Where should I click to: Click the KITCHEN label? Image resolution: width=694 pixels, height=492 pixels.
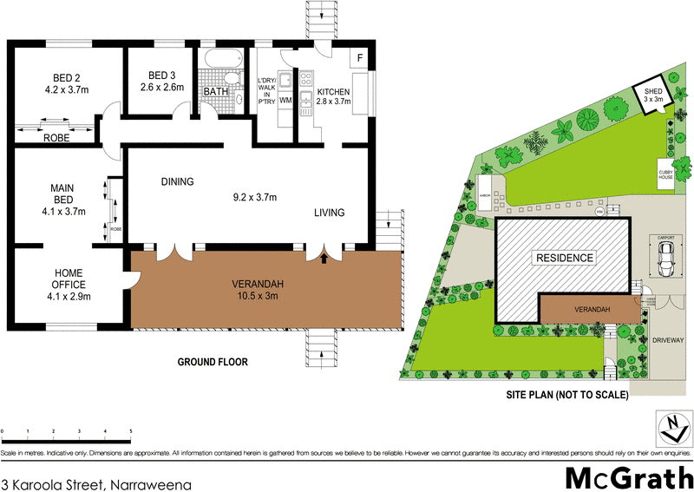[x=333, y=92]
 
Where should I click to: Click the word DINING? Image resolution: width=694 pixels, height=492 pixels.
[x=177, y=182]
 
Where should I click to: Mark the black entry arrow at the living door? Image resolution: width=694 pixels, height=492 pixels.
[x=325, y=256]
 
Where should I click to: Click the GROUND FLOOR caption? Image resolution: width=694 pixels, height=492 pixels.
[x=213, y=362]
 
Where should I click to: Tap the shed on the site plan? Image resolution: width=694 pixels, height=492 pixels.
[x=651, y=95]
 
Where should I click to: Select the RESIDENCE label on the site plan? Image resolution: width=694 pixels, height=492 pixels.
[x=564, y=258]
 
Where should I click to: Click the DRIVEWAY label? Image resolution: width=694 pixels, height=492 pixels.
[x=669, y=340]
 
